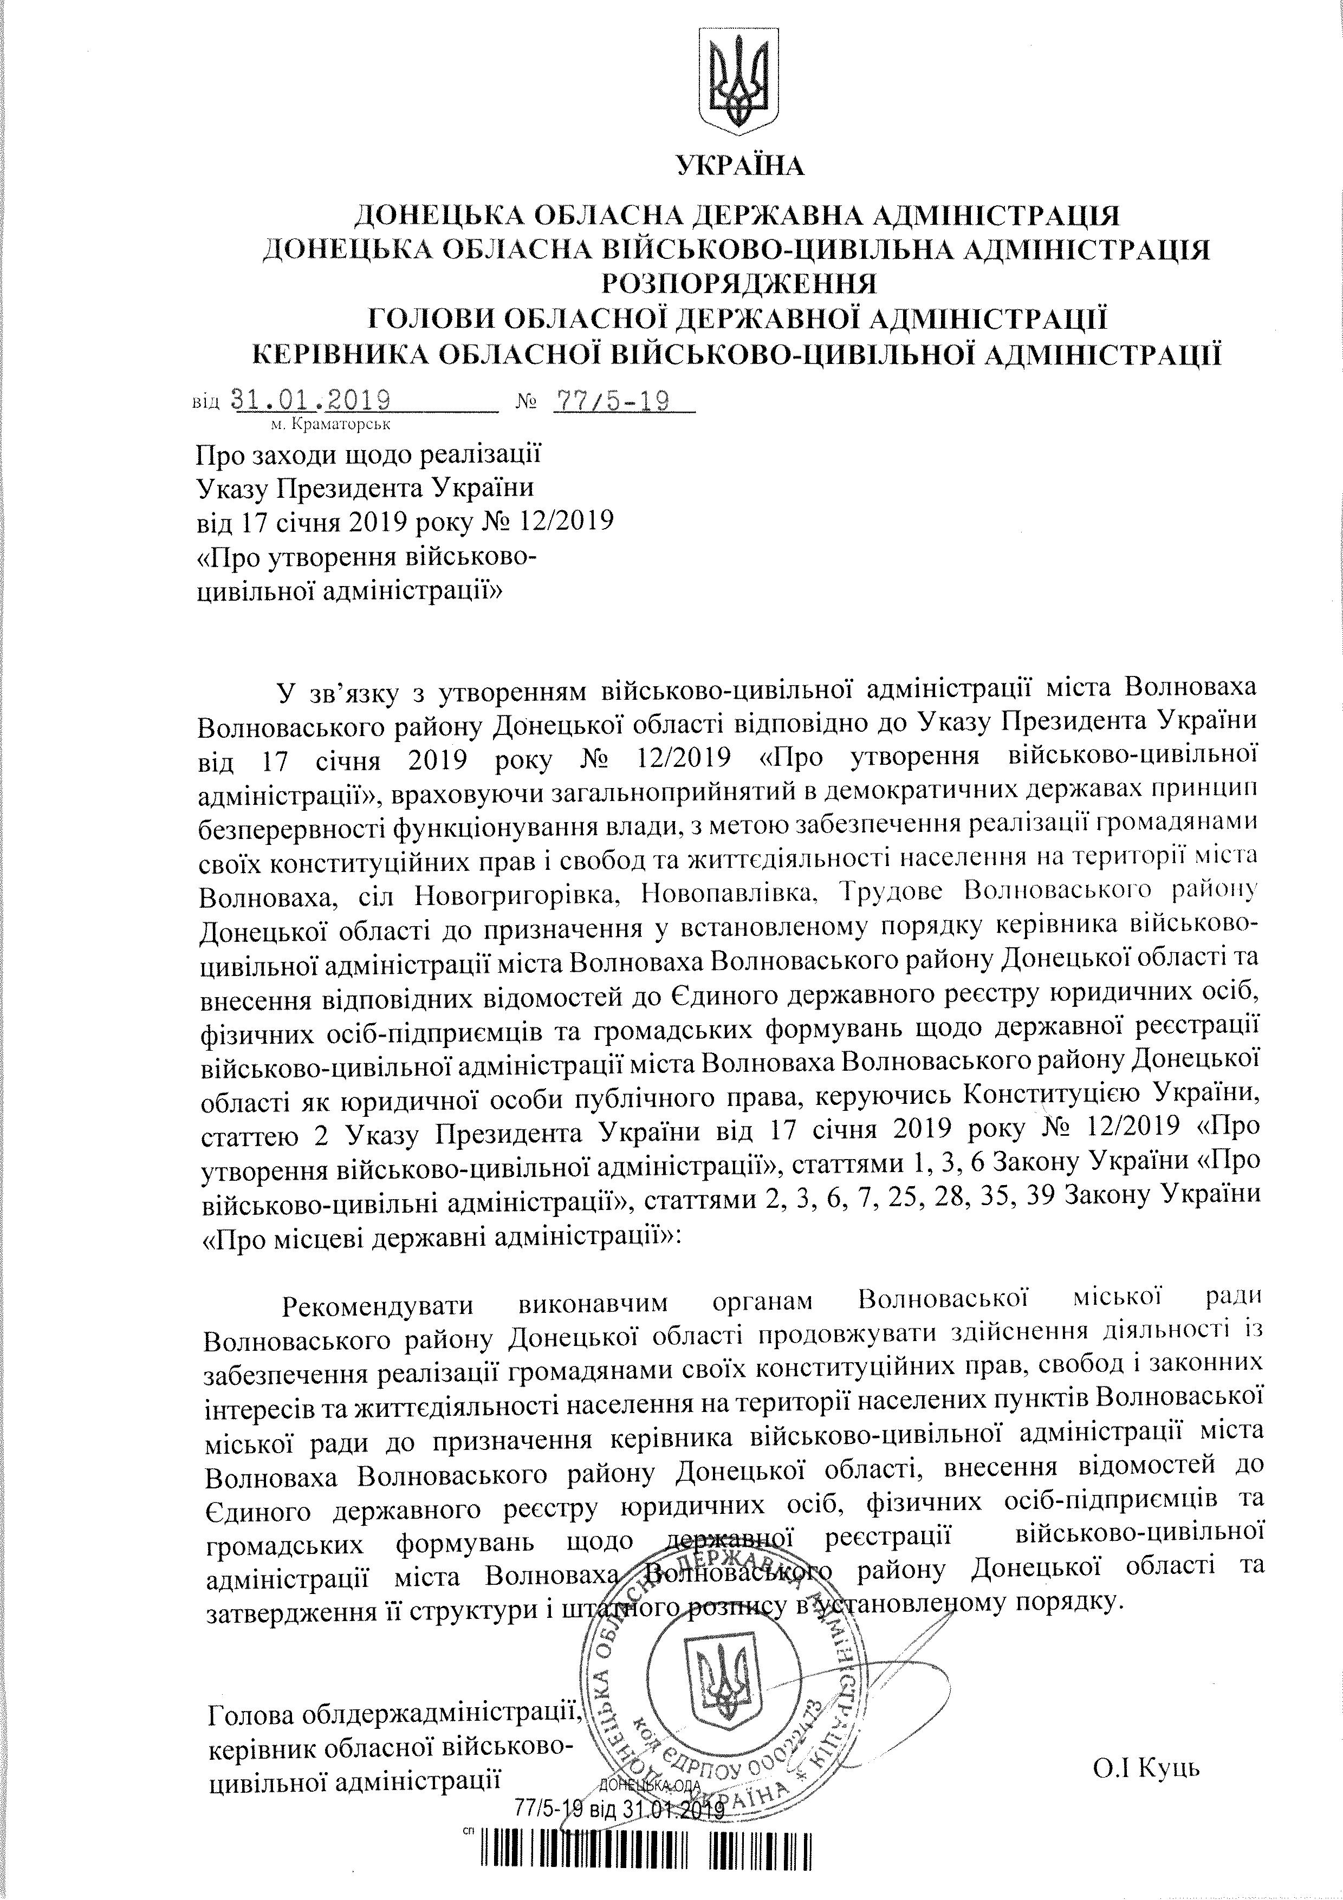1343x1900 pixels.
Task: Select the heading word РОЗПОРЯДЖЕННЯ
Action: (x=739, y=284)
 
